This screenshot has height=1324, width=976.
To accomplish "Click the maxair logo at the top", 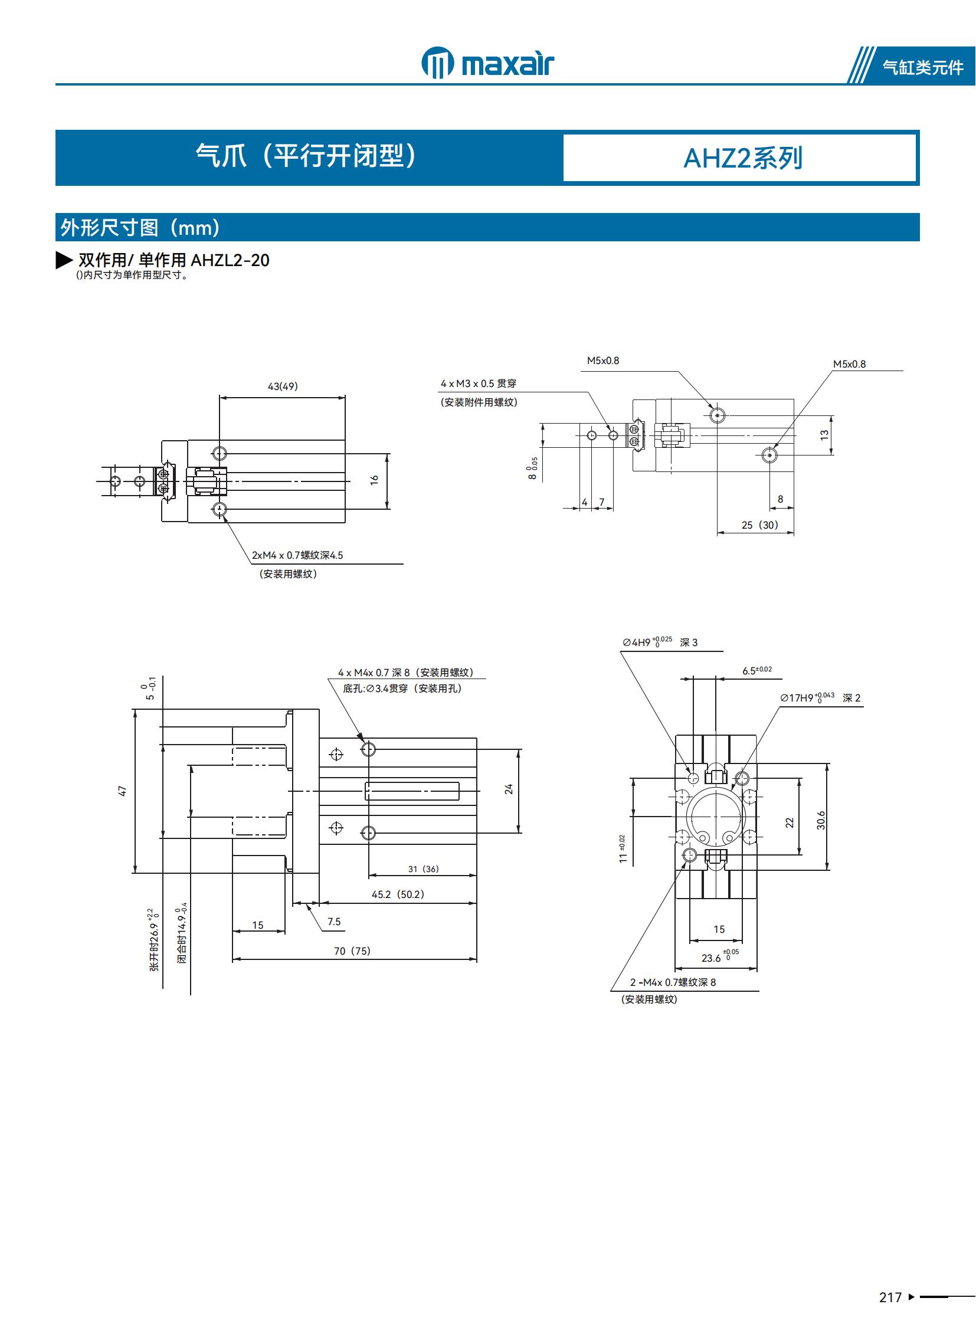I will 487,63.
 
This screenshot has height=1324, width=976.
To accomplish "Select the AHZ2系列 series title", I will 742,158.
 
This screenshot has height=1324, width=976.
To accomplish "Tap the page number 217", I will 890,1297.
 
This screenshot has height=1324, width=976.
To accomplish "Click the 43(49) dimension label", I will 283,386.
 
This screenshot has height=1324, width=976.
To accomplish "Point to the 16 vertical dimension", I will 374,480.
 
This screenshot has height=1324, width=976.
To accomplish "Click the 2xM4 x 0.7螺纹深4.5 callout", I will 297,555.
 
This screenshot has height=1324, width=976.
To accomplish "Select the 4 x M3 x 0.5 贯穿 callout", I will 478,384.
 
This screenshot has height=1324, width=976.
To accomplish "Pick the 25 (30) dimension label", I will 759,525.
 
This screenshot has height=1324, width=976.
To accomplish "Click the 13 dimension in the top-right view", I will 824,434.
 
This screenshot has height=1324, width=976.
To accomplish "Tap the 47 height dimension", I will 122,791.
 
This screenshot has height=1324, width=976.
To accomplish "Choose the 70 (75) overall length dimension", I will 352,951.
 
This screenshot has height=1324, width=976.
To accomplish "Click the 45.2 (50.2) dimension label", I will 398,894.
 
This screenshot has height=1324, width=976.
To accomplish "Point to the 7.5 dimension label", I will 334,922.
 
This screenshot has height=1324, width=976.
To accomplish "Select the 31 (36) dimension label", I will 423,869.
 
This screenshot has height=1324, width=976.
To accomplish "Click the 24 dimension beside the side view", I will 509,789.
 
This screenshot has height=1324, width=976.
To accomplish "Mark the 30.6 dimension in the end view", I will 821,820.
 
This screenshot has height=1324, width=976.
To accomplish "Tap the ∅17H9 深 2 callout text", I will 820,698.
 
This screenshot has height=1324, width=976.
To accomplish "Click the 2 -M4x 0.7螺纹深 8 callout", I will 672,982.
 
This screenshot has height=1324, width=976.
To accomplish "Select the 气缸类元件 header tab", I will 922,67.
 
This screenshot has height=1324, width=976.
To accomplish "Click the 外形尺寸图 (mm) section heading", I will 140,228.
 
